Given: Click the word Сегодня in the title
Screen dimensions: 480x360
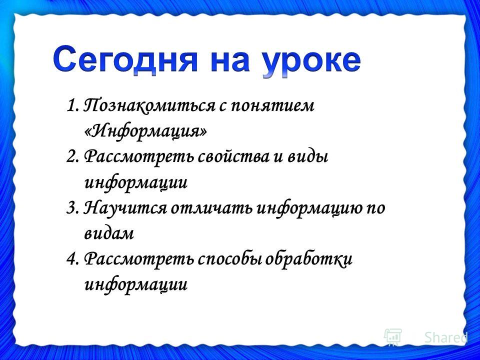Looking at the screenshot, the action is [125, 60].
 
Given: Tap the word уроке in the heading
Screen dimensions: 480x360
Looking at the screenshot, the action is [311, 62].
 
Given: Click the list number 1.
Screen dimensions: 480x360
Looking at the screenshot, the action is [72, 106].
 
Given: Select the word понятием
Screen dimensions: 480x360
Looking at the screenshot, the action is [272, 106].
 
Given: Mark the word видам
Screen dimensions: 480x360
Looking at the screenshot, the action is [108, 234].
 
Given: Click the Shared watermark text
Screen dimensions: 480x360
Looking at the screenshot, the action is [445, 337].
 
